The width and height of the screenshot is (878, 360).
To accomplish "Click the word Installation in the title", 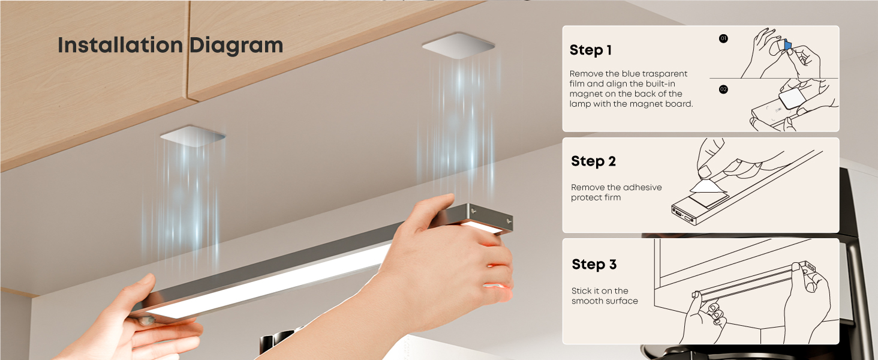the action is click(121, 45).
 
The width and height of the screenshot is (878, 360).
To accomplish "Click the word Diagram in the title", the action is click(236, 46).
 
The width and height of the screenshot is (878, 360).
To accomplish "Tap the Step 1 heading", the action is click(590, 50).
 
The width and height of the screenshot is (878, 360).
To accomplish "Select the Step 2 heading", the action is click(593, 161).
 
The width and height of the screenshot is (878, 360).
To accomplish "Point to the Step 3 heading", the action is click(594, 265).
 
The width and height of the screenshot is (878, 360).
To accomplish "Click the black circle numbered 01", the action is click(723, 38).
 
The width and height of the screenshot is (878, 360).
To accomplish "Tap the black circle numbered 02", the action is click(723, 89).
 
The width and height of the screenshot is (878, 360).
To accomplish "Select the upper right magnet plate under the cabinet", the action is click(458, 46).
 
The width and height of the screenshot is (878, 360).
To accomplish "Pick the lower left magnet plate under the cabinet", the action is click(193, 136).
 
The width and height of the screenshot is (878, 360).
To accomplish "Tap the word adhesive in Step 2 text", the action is click(643, 187).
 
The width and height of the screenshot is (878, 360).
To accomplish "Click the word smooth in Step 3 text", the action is click(584, 301).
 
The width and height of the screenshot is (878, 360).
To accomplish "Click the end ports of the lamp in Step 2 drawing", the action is click(681, 214).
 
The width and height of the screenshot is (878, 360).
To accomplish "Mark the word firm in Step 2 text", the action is click(613, 197).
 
